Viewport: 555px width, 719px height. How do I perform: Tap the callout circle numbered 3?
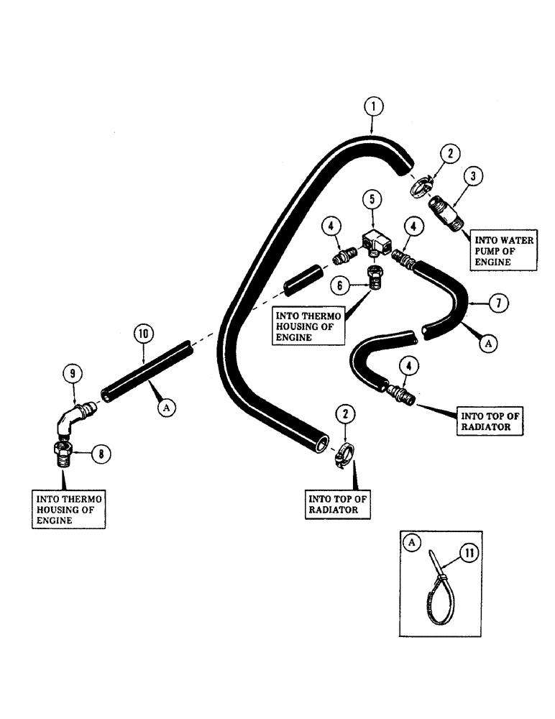[472, 176]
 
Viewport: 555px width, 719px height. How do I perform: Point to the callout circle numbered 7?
[497, 303]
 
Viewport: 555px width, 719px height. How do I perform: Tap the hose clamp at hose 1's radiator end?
[344, 457]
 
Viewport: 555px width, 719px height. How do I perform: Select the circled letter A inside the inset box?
[413, 544]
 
